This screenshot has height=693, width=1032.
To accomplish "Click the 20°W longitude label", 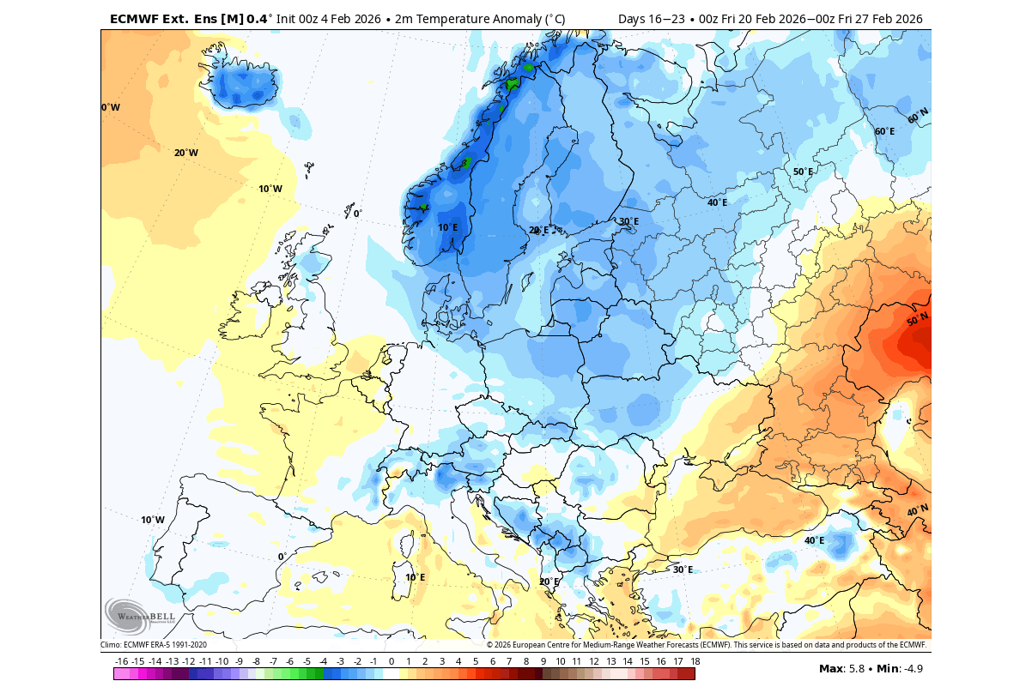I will tap(186, 153).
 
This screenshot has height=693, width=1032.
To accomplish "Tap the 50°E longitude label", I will tap(803, 172).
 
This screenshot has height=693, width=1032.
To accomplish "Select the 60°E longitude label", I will tap(884, 131).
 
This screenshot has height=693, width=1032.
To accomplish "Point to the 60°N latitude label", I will tap(918, 114).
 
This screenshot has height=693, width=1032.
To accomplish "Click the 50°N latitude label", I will tap(917, 319).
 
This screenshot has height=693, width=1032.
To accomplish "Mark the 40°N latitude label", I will tap(918, 510).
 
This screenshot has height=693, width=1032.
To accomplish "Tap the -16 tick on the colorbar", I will tap(121, 661).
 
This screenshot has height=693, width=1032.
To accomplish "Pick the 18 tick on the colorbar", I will tap(695, 661).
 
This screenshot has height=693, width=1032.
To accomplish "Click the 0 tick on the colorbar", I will tap(392, 661).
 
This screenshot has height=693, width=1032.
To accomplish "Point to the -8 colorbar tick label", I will tap(256, 661).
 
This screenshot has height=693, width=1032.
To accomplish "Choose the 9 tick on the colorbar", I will tap(543, 661).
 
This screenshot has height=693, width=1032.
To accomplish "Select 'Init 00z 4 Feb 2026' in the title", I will tap(330, 19).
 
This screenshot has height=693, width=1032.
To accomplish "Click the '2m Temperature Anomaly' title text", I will tap(463, 19).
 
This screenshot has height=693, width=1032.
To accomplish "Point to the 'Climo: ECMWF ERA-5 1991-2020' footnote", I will tap(154, 645).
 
